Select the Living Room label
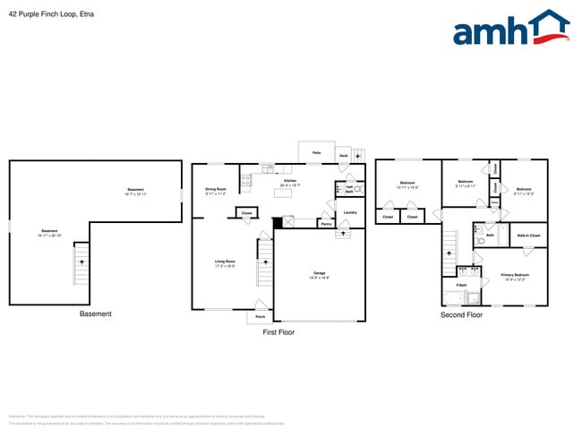224,261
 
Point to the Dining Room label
215,190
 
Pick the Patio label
316,153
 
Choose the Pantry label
325,224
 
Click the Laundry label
350,212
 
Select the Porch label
260,316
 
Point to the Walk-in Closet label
528,236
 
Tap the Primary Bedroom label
514,276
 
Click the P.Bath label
461,287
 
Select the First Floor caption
278,332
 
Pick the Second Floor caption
461,315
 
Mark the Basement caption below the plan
96,314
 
